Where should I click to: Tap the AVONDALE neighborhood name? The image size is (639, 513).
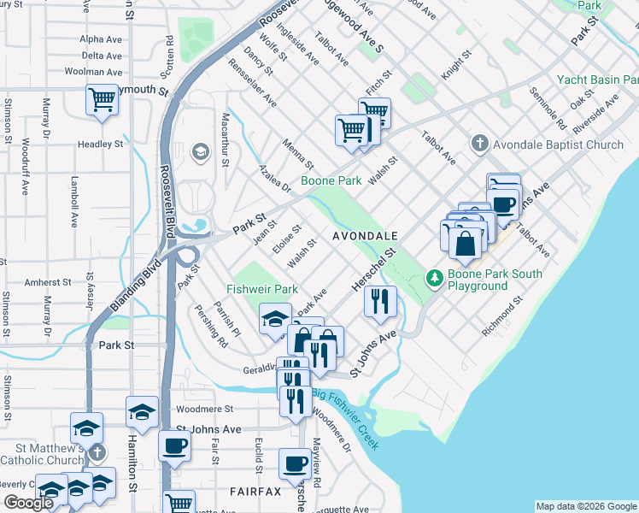(x=366, y=235)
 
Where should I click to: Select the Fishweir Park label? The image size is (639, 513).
(x=262, y=289)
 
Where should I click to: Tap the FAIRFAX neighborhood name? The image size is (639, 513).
(x=255, y=492)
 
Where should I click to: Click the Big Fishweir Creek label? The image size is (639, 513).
(x=345, y=419)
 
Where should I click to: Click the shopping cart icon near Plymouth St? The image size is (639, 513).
(x=102, y=100)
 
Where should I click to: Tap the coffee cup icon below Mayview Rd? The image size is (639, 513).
(x=296, y=463)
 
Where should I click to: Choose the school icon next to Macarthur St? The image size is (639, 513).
(x=201, y=152)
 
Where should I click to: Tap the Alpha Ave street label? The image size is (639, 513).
(x=101, y=39)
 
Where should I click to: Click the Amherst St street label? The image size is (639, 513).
(x=47, y=281)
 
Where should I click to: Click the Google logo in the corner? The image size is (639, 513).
(x=28, y=503)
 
